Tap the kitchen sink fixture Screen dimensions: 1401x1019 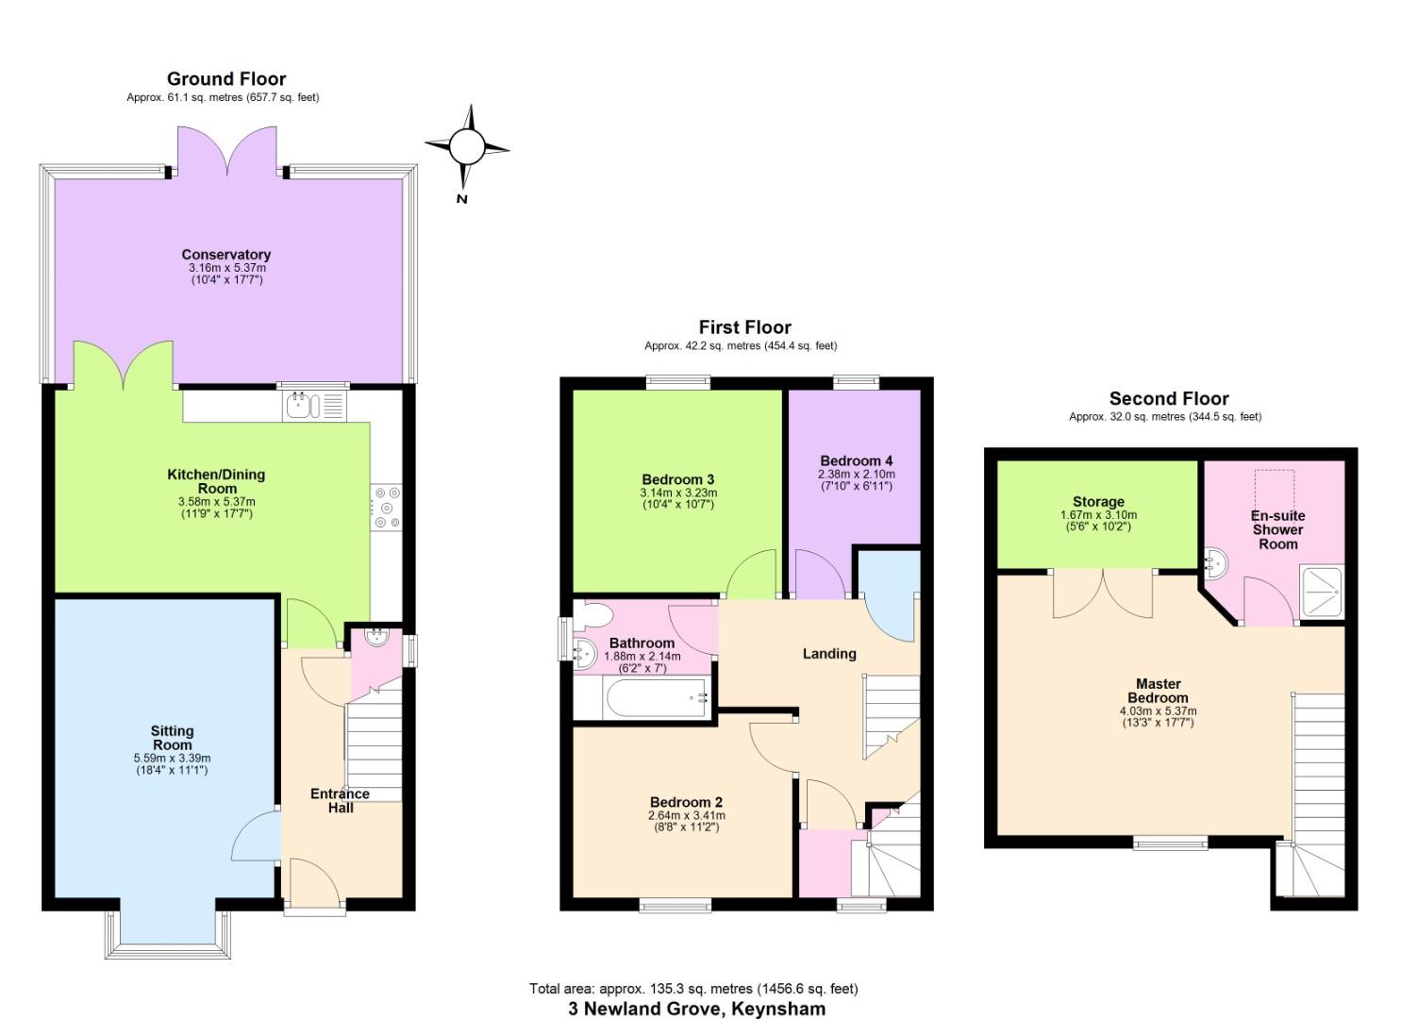(314, 406)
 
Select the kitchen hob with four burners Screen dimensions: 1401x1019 (386, 508)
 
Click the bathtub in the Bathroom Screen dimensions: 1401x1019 (656, 697)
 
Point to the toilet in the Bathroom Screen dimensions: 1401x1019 (592, 614)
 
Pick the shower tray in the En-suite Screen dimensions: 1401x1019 (1320, 592)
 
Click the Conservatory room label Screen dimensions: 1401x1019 (225, 255)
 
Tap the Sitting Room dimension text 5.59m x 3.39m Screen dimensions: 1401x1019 (172, 759)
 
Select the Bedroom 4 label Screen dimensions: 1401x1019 (857, 461)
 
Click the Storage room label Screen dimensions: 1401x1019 (1098, 502)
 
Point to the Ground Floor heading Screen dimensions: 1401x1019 (226, 79)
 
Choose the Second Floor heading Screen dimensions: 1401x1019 (1169, 398)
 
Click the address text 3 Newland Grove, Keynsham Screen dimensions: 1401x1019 (697, 1009)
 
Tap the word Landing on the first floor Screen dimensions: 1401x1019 (829, 654)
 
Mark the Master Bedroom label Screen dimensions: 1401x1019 (1158, 691)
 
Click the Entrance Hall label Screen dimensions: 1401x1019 (341, 801)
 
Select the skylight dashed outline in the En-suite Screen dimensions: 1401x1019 (1274, 491)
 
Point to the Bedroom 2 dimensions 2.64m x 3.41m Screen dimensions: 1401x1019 (687, 816)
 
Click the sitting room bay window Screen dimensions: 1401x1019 (168, 934)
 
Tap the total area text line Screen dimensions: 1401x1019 (693, 989)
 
